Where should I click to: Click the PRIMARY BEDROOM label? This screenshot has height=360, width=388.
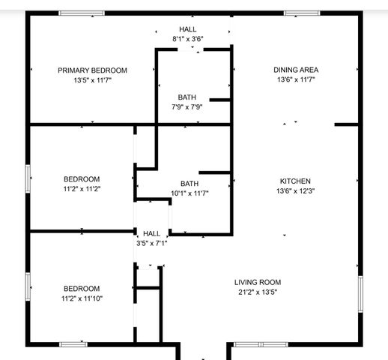[x=92, y=70]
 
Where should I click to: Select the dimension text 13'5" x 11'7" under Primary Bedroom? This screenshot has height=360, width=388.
[x=92, y=79]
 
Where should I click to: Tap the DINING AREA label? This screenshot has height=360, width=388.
[x=296, y=70]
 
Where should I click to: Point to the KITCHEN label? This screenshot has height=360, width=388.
[x=295, y=181]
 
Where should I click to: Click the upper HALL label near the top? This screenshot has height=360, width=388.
[x=187, y=28]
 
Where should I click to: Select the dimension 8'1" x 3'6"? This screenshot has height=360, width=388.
[x=187, y=38]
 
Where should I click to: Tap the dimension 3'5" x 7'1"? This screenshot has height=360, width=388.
[x=151, y=243]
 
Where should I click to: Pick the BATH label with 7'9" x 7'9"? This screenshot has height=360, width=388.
[x=187, y=97]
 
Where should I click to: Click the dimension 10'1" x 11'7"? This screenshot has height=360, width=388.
[x=190, y=193]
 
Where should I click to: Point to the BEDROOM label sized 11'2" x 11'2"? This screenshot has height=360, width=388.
[x=82, y=178]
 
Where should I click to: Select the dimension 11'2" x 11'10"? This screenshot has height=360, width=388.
[x=82, y=298]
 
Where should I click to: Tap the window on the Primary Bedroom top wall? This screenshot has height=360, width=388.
[x=82, y=13]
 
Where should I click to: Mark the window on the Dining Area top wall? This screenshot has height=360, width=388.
[x=302, y=13]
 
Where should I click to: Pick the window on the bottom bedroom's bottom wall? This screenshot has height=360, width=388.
[x=73, y=344]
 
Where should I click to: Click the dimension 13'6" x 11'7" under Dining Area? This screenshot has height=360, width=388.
[x=296, y=79]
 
